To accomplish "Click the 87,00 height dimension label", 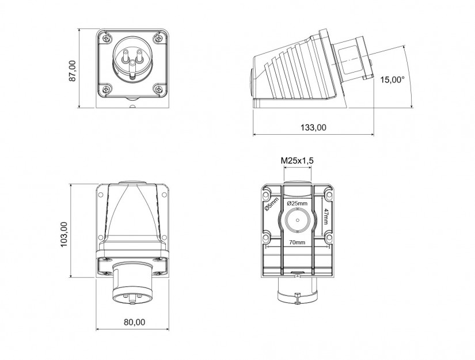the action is (x=73, y=71).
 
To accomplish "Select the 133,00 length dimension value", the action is (x=313, y=127).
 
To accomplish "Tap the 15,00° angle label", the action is (x=392, y=80).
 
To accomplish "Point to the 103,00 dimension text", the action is (x=64, y=234).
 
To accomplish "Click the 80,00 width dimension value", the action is (x=135, y=322).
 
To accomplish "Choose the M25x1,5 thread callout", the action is (x=297, y=161).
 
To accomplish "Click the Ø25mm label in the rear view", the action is (x=297, y=203).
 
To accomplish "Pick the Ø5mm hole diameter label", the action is (x=272, y=204).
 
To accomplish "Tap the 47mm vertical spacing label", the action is (x=325, y=217).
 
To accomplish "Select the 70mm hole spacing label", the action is (x=297, y=242).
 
